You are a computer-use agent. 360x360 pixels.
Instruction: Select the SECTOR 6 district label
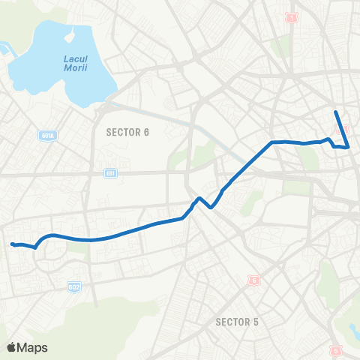coord(127,132)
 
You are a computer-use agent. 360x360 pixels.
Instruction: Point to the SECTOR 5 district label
coord(237,322)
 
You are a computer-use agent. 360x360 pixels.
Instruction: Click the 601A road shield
coord(47,135)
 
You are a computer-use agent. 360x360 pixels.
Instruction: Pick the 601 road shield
coord(111,173)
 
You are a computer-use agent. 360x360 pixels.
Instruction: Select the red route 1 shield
coord(292,16)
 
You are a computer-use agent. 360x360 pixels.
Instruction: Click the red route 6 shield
coord(253,280)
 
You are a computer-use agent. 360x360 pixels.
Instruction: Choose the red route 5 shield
coord(335,349)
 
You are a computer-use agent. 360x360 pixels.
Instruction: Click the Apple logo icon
coord(11,347)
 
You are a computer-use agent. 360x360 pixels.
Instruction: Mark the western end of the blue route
coord(11,244)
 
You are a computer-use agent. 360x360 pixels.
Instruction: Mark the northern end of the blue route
coord(335,112)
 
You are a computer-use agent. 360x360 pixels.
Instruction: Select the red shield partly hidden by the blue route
coord(346,129)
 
